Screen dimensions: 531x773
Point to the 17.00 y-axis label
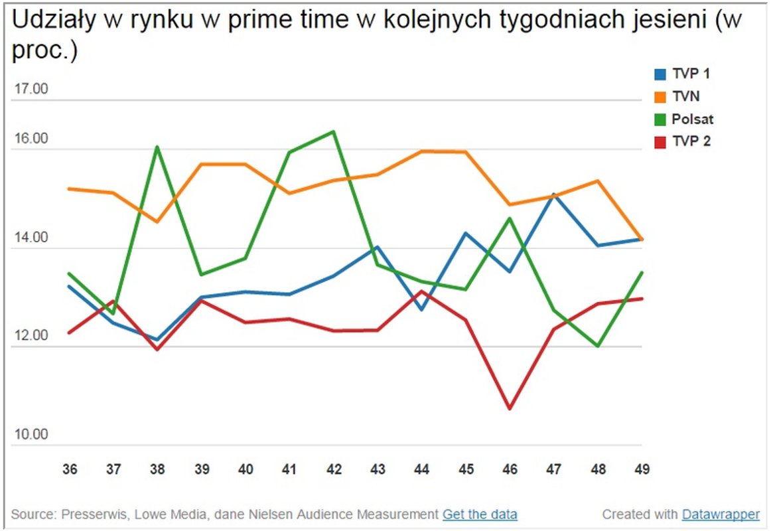pos(31,89)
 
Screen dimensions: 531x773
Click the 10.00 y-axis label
pos(31,434)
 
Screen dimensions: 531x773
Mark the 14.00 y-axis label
pos(31,238)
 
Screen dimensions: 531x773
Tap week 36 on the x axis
pos(69,469)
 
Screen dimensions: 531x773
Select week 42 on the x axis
pos(334,469)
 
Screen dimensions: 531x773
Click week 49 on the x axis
pos(642,469)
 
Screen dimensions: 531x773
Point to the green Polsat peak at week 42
pos(334,131)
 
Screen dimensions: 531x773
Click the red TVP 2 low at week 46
pos(510,408)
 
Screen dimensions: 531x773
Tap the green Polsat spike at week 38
pos(157,147)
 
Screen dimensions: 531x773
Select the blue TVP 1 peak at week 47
pos(554,194)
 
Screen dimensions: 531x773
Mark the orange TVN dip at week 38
pos(157,222)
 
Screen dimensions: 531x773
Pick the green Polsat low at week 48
pos(598,346)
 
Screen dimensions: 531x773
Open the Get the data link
pos(480,514)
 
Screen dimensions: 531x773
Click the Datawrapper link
pos(721,514)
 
